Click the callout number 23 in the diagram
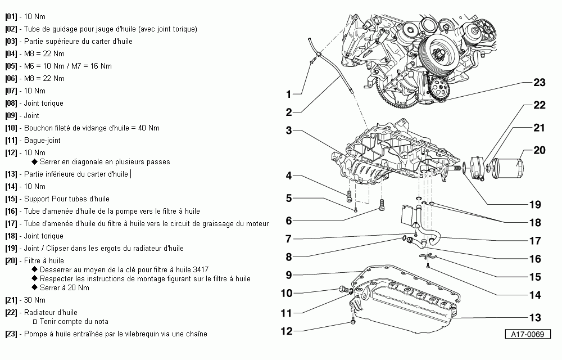[x=539, y=83]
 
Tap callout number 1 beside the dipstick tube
[x=288, y=94]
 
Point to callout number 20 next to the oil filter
[x=539, y=150]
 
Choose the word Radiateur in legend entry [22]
[x=41, y=313]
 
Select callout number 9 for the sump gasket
[x=288, y=275]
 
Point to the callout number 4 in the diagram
[x=288, y=175]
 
